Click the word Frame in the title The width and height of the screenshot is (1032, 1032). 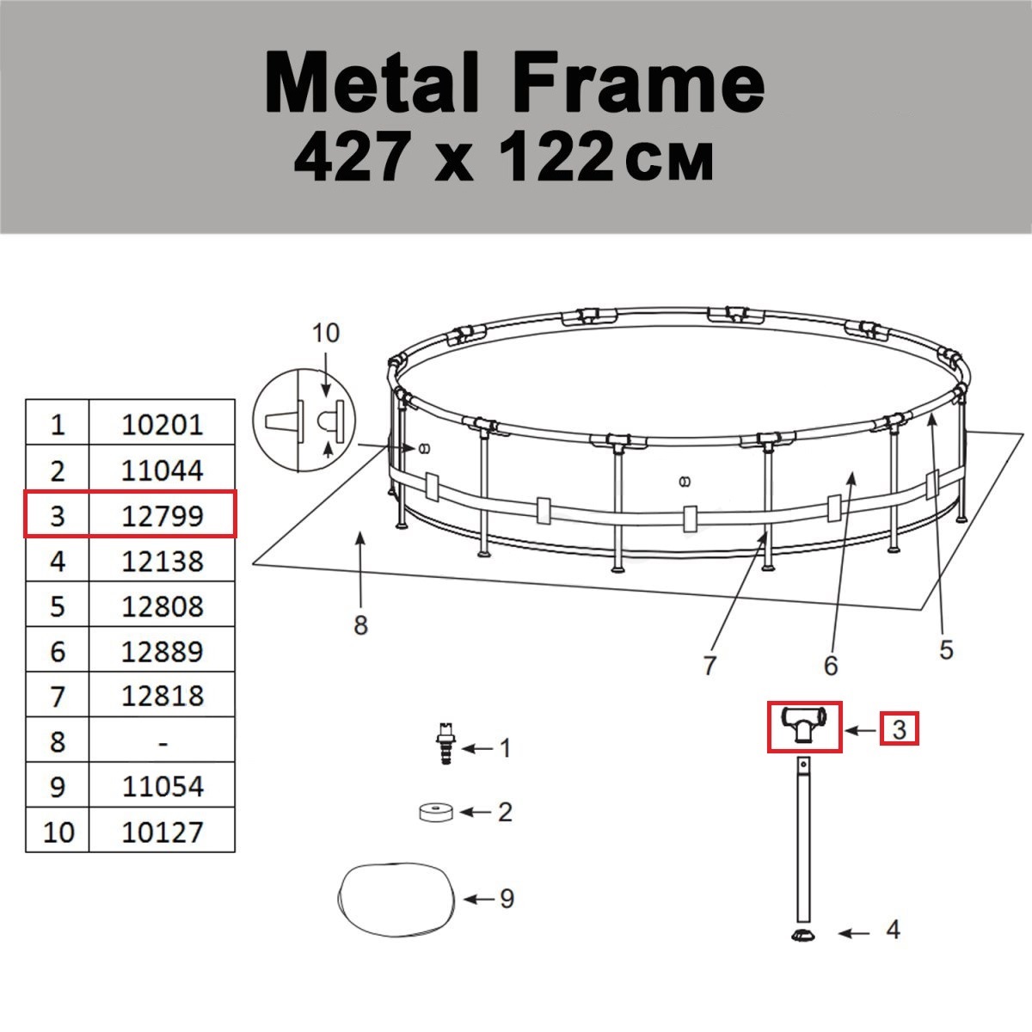pyautogui.click(x=639, y=83)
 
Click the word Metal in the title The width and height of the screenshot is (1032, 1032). pyautogui.click(x=372, y=83)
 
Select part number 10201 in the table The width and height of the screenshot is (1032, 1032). pyautogui.click(x=163, y=425)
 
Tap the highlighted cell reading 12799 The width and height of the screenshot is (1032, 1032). pyautogui.click(x=163, y=516)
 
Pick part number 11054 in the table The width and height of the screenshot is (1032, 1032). pyautogui.click(x=163, y=786)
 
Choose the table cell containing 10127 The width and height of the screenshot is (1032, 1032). pyautogui.click(x=163, y=832)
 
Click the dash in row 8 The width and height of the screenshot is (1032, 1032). pyautogui.click(x=163, y=744)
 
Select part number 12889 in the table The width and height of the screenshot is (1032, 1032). pyautogui.click(x=163, y=651)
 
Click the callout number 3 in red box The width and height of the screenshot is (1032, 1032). pyautogui.click(x=900, y=729)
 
